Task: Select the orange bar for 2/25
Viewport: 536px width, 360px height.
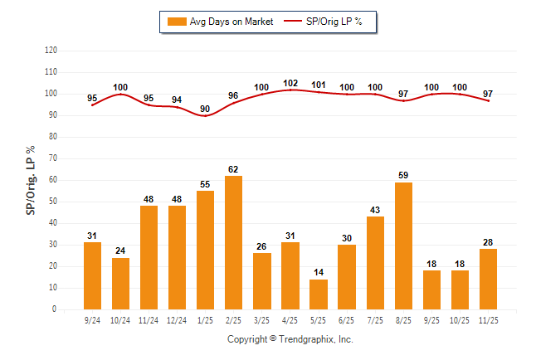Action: tap(233, 242)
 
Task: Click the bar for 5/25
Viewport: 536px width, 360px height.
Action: tap(318, 294)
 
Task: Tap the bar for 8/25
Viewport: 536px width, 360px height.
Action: tap(402, 246)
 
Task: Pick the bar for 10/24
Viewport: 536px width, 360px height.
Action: tap(120, 283)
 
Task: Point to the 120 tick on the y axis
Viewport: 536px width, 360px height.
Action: tap(51, 51)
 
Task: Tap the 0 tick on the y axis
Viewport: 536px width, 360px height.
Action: tap(55, 309)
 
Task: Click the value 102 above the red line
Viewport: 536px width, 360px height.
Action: tap(290, 83)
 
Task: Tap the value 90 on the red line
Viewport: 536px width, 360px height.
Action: tap(205, 109)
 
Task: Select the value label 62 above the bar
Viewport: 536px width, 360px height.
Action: tap(233, 170)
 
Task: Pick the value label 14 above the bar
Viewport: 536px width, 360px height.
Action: tap(318, 273)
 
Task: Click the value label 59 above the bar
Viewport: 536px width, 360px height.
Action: tap(402, 176)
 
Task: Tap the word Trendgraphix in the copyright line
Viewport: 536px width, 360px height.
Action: tap(308, 339)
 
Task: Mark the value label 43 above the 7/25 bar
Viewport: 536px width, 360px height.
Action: tap(374, 211)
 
